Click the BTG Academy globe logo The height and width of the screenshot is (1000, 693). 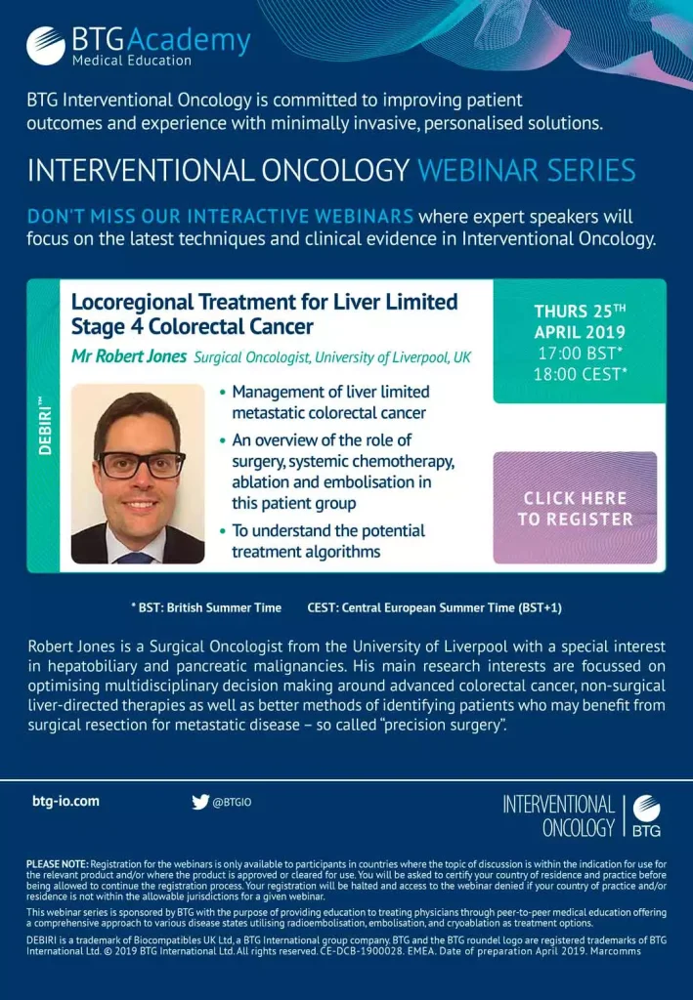coord(45,45)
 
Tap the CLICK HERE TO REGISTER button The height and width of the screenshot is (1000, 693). coord(575,508)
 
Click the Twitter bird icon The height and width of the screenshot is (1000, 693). coord(200,802)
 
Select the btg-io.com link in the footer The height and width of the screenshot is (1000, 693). coord(65,801)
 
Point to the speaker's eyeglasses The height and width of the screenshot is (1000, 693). coord(141,464)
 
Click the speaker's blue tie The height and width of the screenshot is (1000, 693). coord(135,558)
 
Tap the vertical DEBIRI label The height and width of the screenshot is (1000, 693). coord(44,426)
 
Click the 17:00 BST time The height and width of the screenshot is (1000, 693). coord(580,354)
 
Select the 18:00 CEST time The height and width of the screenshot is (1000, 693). coord(580,374)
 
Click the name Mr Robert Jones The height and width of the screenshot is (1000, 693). coord(129,355)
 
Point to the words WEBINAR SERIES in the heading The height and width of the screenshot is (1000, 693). coord(527,170)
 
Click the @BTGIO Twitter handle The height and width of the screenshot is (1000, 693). coord(232,803)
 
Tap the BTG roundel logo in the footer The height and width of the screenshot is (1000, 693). coord(646,815)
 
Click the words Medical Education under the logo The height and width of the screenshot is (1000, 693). coord(131,61)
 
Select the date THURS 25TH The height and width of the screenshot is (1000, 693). coord(580,311)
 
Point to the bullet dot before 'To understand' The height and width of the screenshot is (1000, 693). coord(222,530)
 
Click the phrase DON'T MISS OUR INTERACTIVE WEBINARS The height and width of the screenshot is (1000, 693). coord(220,216)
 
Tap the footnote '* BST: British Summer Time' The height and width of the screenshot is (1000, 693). coord(206,607)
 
